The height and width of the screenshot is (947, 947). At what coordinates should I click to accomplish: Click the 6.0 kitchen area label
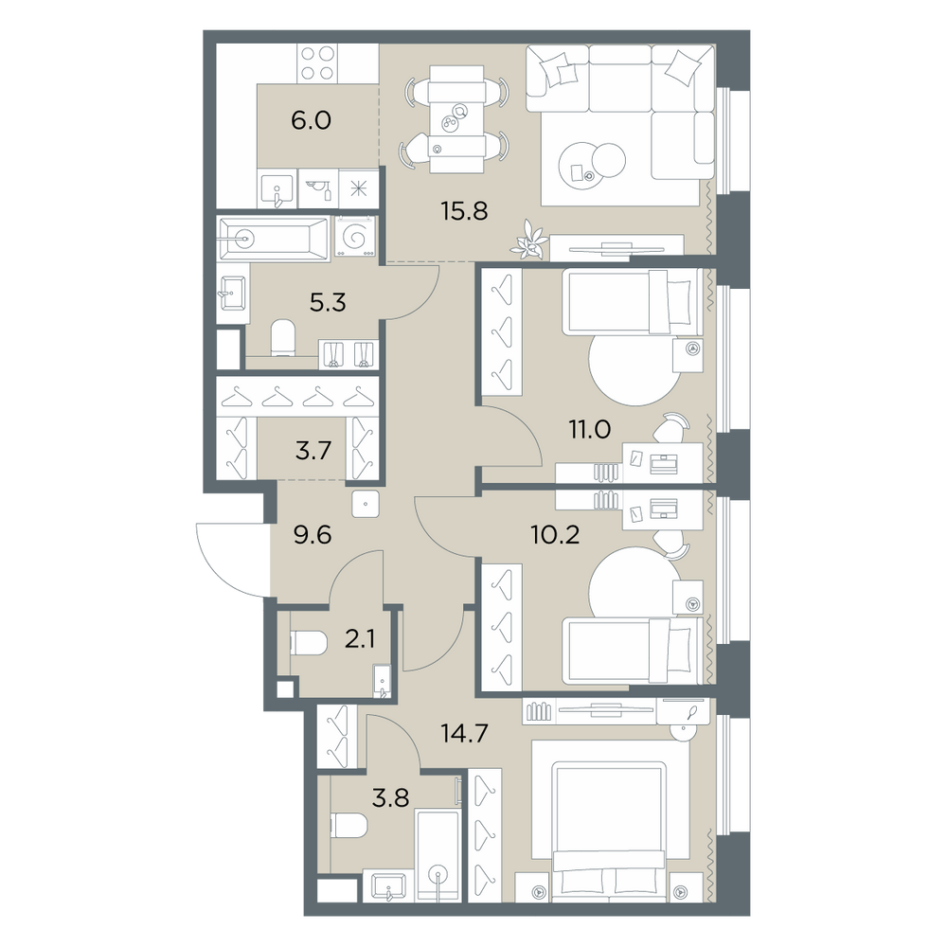311,121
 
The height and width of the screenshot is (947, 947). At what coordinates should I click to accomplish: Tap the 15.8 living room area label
464,211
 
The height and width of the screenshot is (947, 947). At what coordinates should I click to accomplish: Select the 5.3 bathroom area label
328,302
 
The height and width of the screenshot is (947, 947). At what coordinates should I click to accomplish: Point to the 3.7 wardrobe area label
313,451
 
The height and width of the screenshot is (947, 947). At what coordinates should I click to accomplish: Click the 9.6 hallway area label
313,534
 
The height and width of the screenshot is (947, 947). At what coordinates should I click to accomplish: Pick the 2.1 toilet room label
359,639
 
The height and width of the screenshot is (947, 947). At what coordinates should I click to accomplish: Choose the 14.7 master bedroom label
464,734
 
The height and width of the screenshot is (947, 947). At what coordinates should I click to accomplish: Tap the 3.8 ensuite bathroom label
391,797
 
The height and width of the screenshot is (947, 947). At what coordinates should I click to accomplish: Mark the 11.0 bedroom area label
589,429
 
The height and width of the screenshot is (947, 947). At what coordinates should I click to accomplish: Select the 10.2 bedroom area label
555,534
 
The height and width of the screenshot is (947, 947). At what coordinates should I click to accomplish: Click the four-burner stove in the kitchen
317,63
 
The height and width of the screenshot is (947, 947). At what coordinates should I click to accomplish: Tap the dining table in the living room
456,119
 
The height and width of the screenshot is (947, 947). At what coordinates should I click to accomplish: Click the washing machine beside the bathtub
355,237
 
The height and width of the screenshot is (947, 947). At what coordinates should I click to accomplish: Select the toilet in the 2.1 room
308,643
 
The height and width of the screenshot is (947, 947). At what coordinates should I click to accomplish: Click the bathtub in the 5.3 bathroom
273,240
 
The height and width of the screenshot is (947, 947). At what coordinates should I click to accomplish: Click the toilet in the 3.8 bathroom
349,825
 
